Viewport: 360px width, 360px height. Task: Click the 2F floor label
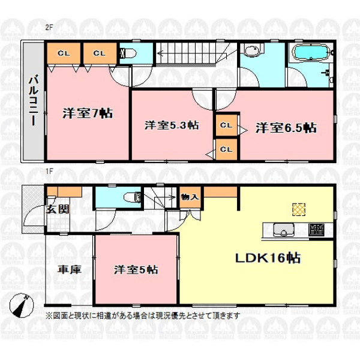click(x=49, y=28)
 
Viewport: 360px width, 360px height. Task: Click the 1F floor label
click(x=49, y=171)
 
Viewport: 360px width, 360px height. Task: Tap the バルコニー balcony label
click(x=33, y=100)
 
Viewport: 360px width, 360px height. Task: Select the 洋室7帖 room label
click(x=88, y=113)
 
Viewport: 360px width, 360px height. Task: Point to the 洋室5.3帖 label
click(x=172, y=125)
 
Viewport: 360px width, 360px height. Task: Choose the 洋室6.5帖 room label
click(x=286, y=128)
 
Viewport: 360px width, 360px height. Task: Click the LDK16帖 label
click(x=268, y=258)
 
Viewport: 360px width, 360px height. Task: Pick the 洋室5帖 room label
click(x=136, y=270)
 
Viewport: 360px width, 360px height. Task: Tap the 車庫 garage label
click(x=70, y=269)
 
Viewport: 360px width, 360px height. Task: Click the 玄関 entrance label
click(x=58, y=209)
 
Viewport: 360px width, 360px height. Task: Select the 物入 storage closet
click(x=190, y=197)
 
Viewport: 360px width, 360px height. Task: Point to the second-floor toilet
click(x=128, y=53)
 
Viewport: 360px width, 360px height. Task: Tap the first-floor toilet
click(x=132, y=197)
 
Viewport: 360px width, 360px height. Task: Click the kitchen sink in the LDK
click(x=284, y=230)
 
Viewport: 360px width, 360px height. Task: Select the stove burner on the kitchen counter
click(x=316, y=230)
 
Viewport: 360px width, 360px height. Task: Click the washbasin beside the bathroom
click(x=252, y=50)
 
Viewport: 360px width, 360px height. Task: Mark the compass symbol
click(x=22, y=305)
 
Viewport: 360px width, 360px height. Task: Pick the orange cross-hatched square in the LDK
click(x=299, y=209)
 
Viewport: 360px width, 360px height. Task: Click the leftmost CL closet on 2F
click(x=64, y=53)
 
